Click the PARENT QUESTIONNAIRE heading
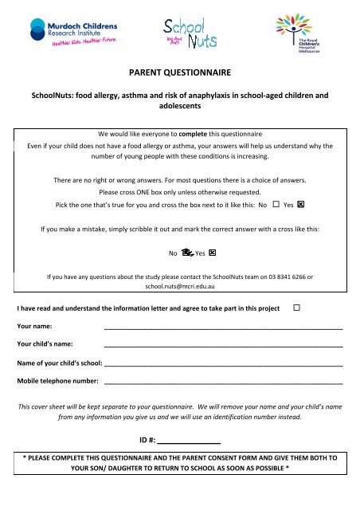click(180, 73)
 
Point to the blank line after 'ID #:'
click(190, 440)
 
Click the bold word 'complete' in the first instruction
click(200, 134)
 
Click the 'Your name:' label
click(35, 327)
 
